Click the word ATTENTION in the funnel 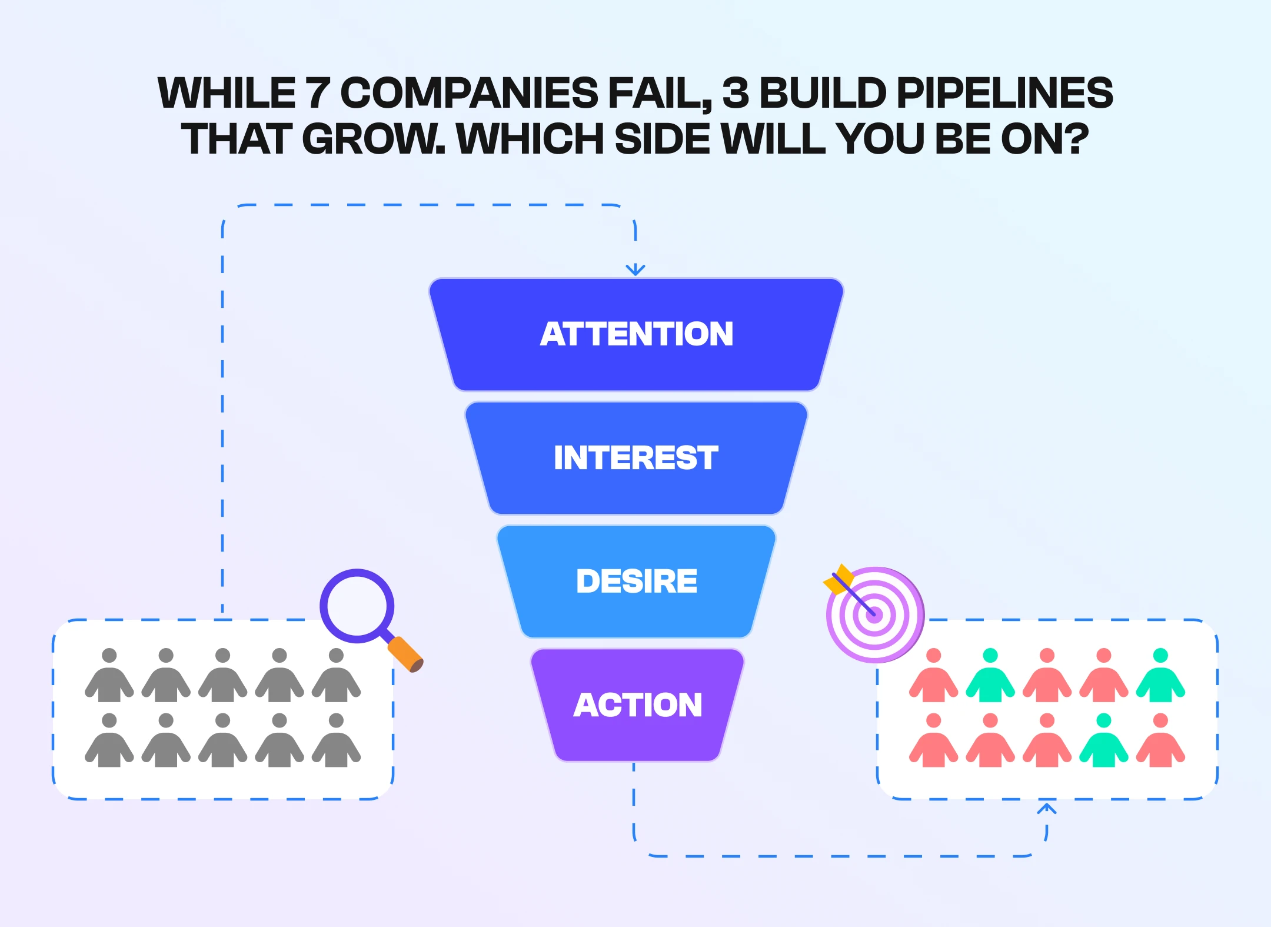pos(637,334)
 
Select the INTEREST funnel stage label pos(636,457)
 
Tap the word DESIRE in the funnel pos(637,581)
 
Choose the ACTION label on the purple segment pos(638,705)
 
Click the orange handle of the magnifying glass pos(405,653)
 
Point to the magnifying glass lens pos(357,606)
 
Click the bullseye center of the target pos(874,615)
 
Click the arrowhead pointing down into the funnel pos(635,270)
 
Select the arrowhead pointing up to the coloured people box pos(1046,809)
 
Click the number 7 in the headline pos(317,93)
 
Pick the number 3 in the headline pos(736,93)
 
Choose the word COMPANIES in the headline pos(469,93)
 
